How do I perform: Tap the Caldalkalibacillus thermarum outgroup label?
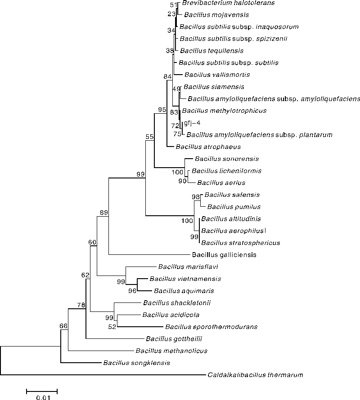(x=255, y=374)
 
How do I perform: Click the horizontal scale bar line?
(x=41, y=389)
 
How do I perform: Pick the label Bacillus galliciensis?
(x=224, y=255)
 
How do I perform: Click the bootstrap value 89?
(x=104, y=213)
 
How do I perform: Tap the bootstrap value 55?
(x=150, y=136)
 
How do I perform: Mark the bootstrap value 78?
(x=81, y=305)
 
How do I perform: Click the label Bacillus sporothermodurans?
(x=211, y=327)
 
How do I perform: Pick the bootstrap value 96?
(x=132, y=290)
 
